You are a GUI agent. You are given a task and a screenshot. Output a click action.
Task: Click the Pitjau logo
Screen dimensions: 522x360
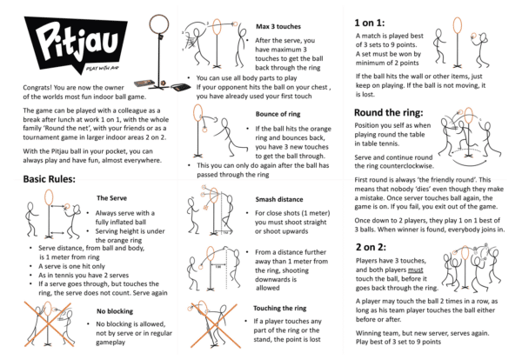tap(76, 44)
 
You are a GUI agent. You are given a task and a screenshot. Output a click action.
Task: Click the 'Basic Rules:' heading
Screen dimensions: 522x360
tap(50, 179)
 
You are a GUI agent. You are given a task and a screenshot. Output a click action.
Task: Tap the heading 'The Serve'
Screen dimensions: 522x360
tap(111, 198)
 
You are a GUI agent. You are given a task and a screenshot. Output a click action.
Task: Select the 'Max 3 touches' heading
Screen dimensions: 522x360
tap(278, 27)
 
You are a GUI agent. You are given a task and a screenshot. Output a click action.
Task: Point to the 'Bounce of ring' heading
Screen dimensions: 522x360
tap(278, 114)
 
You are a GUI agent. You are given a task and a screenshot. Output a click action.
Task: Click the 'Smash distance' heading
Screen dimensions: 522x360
tap(279, 199)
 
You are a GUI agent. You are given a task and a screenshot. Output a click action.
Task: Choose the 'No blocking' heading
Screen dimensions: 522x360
tap(115, 311)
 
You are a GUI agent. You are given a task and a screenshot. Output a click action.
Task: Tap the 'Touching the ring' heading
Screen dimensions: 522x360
tap(279, 308)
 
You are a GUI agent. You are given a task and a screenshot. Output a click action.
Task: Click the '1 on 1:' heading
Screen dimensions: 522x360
tap(369, 23)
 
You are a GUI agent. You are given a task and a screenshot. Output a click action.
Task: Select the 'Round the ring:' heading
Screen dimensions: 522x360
tap(389, 112)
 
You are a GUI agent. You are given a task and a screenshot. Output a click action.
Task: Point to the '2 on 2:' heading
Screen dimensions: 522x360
tap(371, 247)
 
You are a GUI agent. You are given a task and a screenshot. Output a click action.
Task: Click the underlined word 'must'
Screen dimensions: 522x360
tap(416, 270)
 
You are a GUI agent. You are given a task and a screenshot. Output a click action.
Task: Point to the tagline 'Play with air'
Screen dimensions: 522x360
tap(102, 69)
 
